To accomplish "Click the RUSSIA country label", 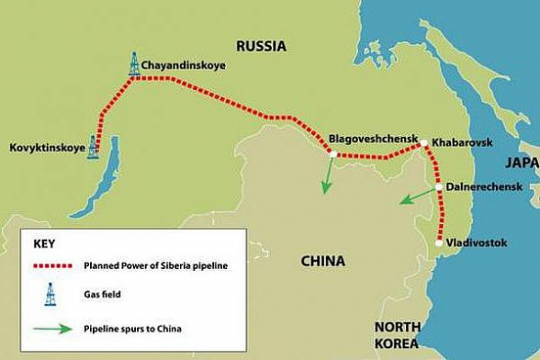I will click(x=261, y=45).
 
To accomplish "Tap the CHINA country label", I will click(x=323, y=261).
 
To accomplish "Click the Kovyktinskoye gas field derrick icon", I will click(x=93, y=147).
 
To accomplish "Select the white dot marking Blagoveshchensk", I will click(x=332, y=153).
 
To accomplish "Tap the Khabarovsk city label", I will click(x=463, y=143).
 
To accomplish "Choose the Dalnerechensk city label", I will click(x=484, y=186).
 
